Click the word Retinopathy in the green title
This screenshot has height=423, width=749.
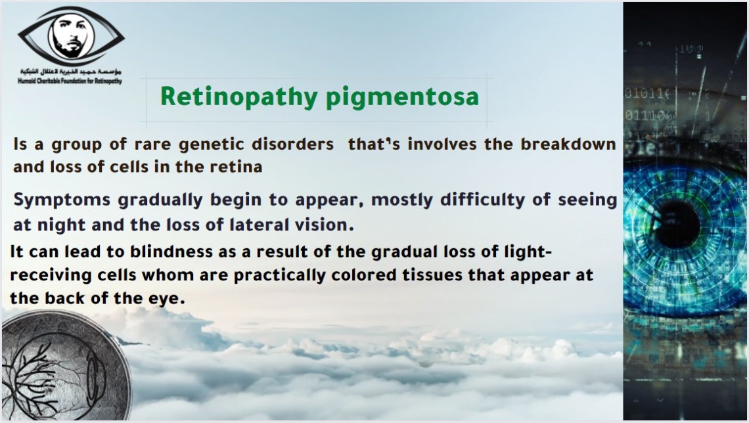pos(239,97)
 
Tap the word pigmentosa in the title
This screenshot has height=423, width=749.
pos(402,98)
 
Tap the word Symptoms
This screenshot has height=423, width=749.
pos(62,200)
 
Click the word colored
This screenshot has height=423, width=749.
pos(364,275)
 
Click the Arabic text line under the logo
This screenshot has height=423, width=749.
pos(71,72)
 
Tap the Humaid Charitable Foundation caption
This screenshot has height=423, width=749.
pos(70,81)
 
